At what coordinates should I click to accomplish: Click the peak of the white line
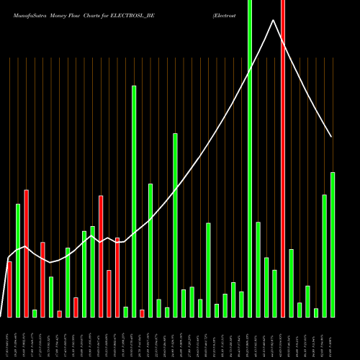click(274, 20)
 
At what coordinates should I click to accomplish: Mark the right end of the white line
click(332, 136)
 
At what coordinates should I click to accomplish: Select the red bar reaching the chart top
click(283, 158)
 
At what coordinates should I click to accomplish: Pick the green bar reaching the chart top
click(250, 158)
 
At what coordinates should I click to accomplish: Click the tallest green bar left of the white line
click(134, 202)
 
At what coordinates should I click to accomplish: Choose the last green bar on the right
click(333, 245)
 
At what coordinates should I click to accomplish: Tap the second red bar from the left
click(27, 253)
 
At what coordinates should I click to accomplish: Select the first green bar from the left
click(18, 261)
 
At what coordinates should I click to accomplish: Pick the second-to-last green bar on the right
click(324, 256)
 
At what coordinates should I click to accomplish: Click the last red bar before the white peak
click(142, 313)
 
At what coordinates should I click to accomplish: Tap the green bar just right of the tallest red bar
click(291, 283)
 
